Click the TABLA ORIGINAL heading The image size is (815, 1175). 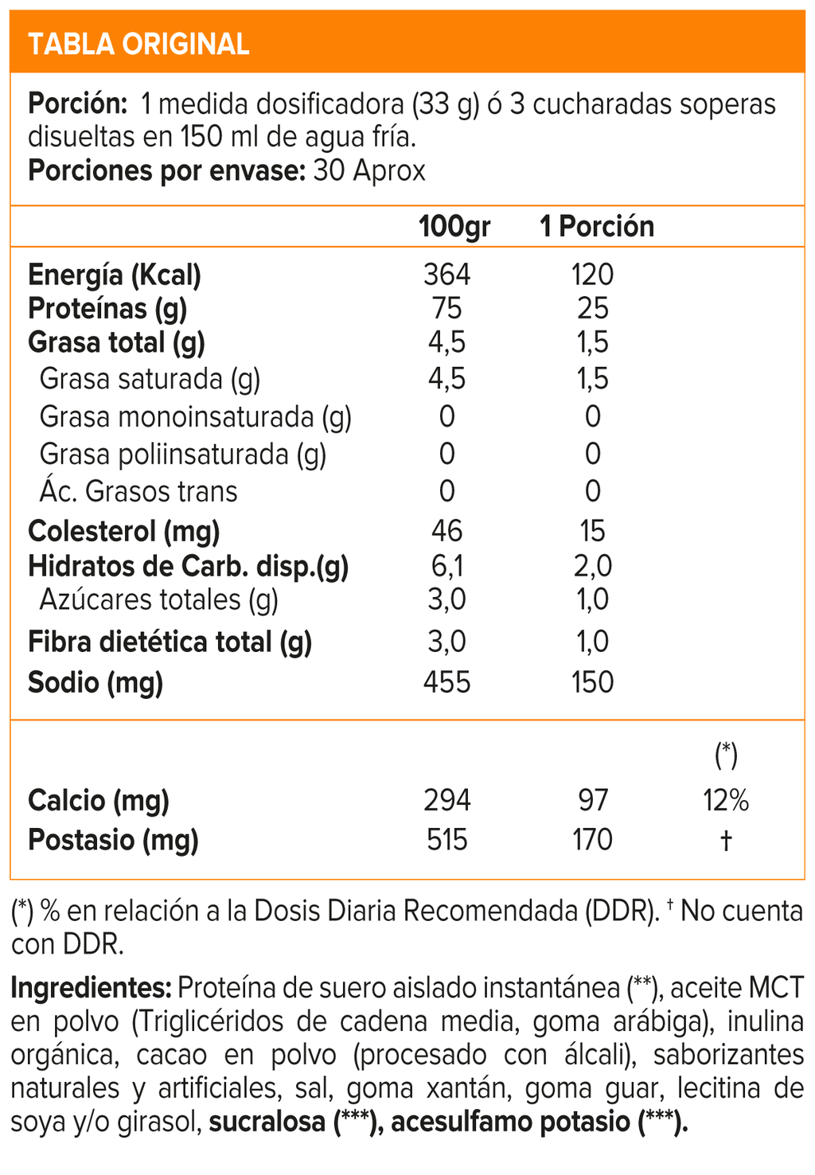[138, 44]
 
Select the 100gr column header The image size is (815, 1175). [454, 227]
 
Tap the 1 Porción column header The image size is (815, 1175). [597, 227]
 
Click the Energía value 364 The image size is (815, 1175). [447, 275]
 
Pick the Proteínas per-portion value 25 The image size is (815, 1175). [594, 309]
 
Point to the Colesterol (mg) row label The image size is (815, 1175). [123, 531]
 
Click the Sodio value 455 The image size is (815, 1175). [447, 682]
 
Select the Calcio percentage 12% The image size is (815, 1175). [726, 800]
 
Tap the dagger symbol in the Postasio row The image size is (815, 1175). [726, 841]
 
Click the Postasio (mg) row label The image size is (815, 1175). [113, 840]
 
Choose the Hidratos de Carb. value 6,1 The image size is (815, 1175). [447, 566]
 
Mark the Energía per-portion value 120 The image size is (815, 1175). [593, 275]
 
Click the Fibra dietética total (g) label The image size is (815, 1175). [170, 642]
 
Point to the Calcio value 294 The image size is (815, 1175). [447, 800]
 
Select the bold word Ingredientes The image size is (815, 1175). [91, 988]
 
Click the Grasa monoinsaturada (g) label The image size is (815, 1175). [195, 416]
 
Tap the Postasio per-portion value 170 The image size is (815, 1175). [593, 840]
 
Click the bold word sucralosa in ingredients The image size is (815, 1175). [267, 1122]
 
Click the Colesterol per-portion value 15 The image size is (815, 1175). [593, 531]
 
